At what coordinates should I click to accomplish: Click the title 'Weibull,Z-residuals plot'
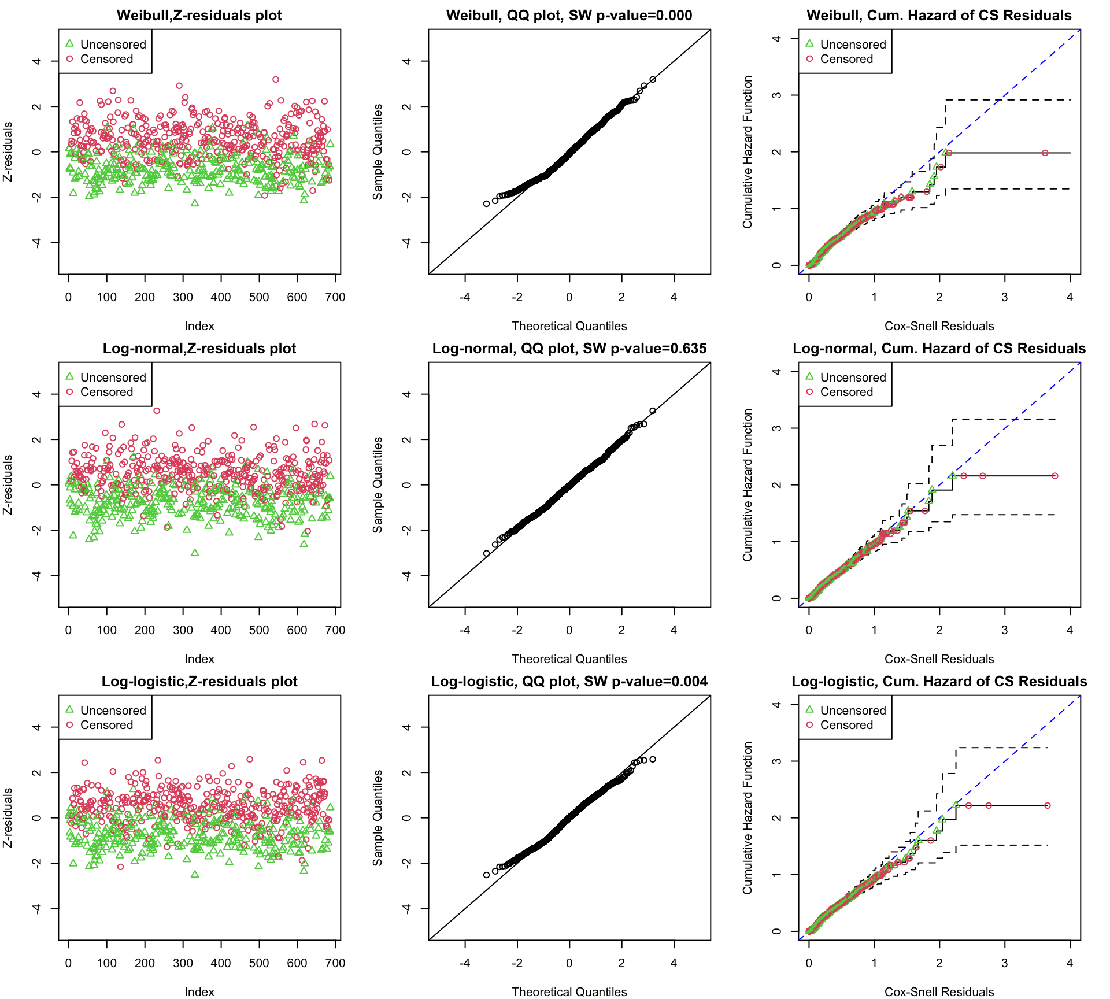pos(199,16)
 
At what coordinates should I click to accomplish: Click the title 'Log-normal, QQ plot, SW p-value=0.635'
pos(569,349)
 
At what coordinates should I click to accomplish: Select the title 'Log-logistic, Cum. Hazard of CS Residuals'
pos(939,682)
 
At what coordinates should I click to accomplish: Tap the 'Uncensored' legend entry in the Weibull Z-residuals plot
pos(113,45)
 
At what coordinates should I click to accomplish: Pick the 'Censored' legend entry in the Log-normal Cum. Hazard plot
pos(846,392)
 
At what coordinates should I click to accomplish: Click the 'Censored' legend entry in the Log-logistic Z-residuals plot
pos(106,725)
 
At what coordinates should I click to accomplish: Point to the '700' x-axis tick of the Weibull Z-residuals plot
pos(335,297)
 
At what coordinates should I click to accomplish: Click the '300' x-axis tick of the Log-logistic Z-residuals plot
pos(183,963)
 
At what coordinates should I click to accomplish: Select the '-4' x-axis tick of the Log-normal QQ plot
pos(465,630)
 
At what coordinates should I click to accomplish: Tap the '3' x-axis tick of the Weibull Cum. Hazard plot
pos(1005,297)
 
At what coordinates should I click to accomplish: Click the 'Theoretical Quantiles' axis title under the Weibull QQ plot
pos(569,326)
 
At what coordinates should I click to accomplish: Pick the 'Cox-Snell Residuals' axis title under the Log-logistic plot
pos(939,992)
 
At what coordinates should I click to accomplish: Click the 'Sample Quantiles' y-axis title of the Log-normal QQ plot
pos(378,485)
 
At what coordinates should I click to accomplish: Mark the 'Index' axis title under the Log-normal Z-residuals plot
pos(199,659)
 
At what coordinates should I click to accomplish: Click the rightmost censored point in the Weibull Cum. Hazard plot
pos(1045,153)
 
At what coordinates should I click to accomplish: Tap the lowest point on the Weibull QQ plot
pos(487,203)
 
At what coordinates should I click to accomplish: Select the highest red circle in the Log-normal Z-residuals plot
pos(157,411)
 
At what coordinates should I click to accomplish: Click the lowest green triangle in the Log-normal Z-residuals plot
pos(195,553)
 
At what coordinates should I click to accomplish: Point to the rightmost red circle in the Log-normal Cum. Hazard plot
pos(1055,476)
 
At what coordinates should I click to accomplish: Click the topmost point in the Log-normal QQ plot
pos(653,411)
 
